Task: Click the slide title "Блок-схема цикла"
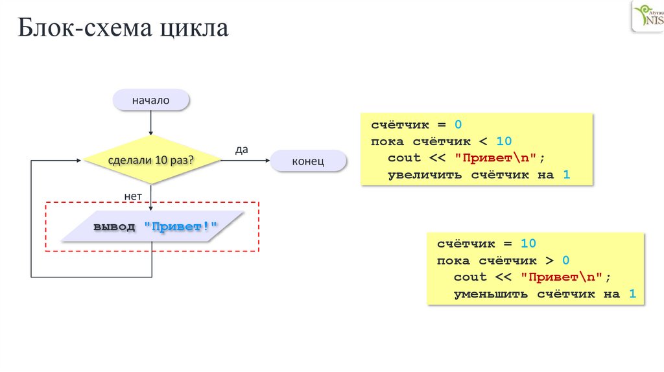[123, 28]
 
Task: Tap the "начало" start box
[150, 100]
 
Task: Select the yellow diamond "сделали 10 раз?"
[150, 159]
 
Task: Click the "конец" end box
[308, 161]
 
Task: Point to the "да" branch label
[241, 149]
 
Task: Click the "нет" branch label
[133, 194]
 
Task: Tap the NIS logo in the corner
[647, 16]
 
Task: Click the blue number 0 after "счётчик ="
[457, 124]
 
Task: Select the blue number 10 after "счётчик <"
[504, 141]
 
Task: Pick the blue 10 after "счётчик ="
[528, 243]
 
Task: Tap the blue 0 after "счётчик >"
[565, 260]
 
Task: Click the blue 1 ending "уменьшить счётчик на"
[632, 294]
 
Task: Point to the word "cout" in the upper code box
[404, 157]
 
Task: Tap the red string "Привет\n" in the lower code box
[563, 277]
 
